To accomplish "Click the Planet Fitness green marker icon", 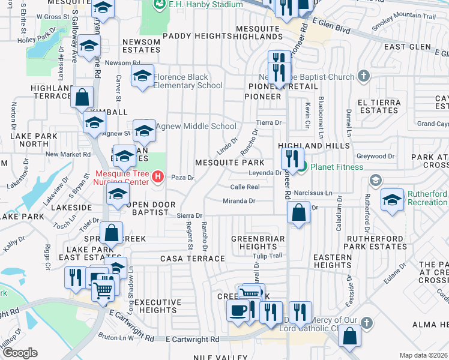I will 303,166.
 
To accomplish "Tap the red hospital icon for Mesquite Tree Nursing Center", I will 158,176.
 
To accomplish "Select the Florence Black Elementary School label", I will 188,81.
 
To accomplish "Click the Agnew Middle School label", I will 196,126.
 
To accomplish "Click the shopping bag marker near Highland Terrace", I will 82,97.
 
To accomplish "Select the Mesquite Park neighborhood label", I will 229,163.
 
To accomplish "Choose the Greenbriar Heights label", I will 254,242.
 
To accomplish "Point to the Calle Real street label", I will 244,187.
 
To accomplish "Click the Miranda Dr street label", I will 239,201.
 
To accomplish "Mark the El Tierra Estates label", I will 379,106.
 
